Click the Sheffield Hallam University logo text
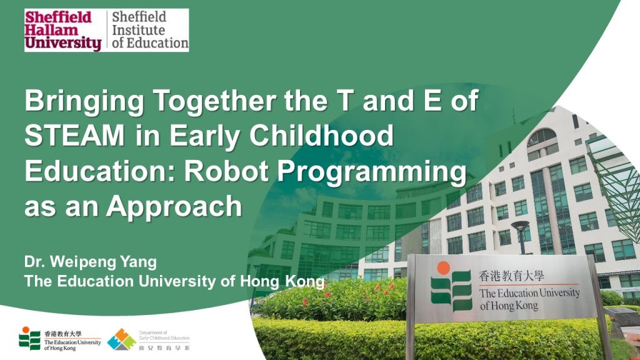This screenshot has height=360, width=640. tap(62, 30)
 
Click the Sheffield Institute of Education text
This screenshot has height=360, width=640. tap(149, 30)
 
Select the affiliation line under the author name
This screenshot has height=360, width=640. tap(174, 281)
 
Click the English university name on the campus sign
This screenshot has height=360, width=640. tap(529, 299)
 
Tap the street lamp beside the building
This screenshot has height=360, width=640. tap(520, 236)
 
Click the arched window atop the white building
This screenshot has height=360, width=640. tap(541, 137)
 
